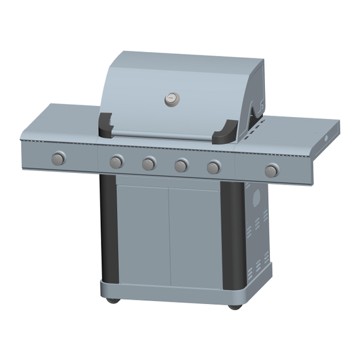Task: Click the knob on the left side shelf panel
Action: (x=59, y=158)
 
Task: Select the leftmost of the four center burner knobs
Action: (x=116, y=161)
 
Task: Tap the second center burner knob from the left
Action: (x=148, y=164)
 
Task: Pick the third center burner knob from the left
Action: (x=181, y=166)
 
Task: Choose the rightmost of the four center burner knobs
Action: (x=213, y=168)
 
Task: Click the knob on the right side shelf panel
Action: (x=272, y=171)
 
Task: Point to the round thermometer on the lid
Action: (x=172, y=99)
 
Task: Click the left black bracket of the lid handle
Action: (x=105, y=125)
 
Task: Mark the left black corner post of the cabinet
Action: (x=107, y=228)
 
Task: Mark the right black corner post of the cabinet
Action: (x=231, y=238)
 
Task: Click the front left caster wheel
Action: (x=112, y=300)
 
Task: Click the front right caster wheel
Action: (x=235, y=306)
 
